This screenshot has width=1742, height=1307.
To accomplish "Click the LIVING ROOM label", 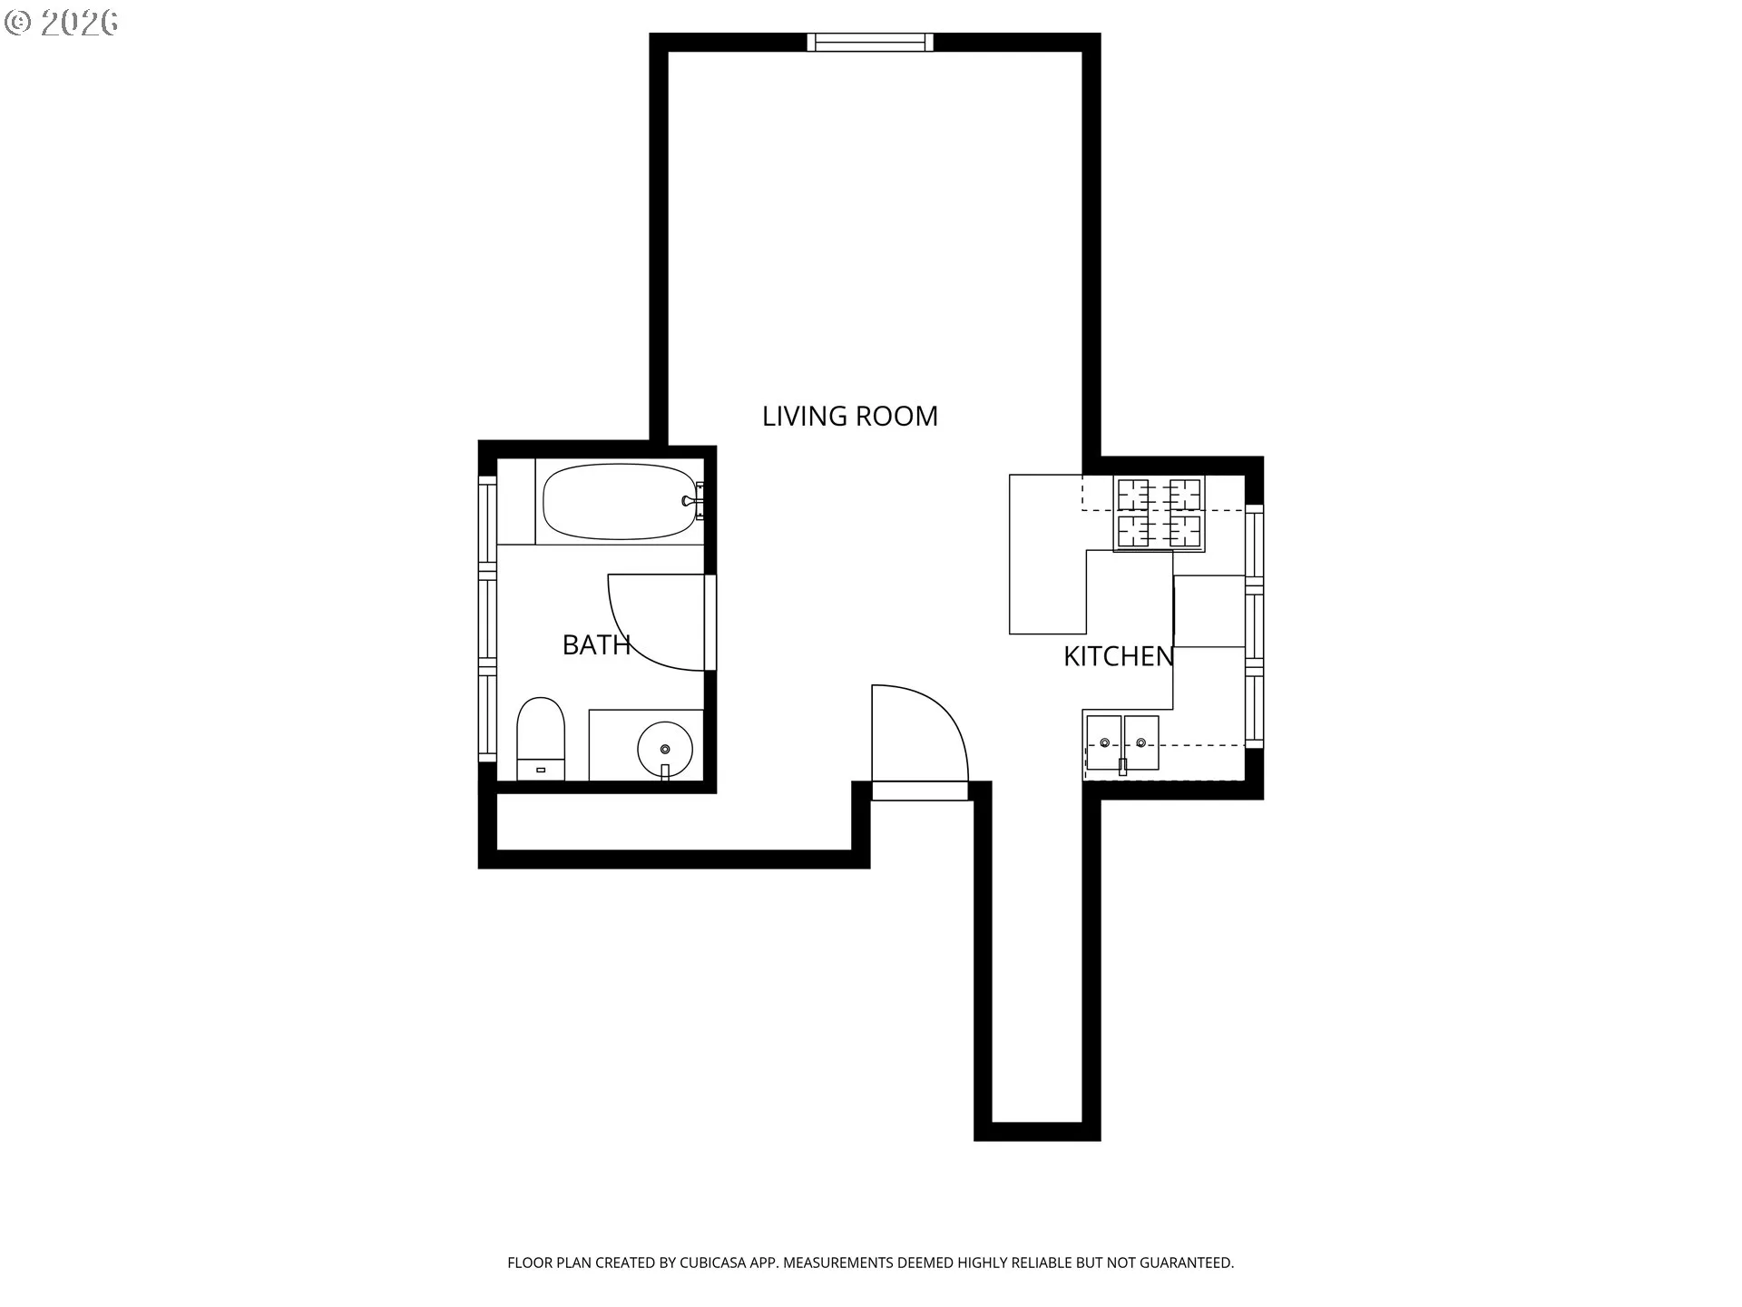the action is click(x=850, y=416).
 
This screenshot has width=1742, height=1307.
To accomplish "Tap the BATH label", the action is click(x=596, y=644).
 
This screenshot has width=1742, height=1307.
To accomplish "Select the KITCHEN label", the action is click(x=1119, y=656).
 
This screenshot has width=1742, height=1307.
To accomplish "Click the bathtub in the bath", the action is click(x=621, y=502).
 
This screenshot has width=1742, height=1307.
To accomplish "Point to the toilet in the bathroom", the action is click(x=541, y=739).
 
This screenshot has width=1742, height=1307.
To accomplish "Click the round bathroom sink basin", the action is click(x=665, y=750).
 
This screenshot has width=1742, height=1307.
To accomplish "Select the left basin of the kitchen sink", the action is click(x=1104, y=742).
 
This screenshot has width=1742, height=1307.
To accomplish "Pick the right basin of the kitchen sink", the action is click(x=1141, y=742).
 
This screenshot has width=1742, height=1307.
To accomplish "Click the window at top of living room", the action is click(x=870, y=42).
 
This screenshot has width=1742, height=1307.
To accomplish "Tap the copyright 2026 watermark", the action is click(x=61, y=23).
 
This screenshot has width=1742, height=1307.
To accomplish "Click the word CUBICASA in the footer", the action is click(x=716, y=1263).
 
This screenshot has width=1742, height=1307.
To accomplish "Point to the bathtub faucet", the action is click(x=691, y=500).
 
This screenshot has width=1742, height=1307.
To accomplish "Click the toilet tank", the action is click(x=541, y=769).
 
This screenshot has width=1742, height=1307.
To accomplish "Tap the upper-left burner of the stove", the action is click(x=1133, y=496).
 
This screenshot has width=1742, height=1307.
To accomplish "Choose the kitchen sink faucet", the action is click(x=1123, y=765).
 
